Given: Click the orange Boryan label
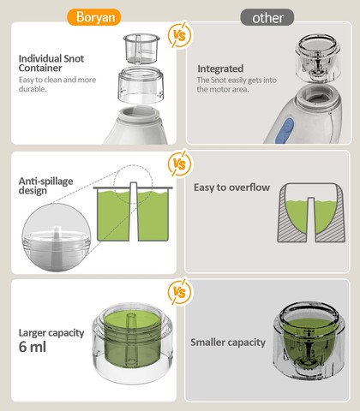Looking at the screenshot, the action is click(94, 17).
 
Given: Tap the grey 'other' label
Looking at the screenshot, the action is click(267, 17).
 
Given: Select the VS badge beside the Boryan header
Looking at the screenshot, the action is click(180, 35).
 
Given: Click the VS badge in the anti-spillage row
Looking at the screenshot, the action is click(180, 164).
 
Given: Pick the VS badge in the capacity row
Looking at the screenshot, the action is click(180, 292).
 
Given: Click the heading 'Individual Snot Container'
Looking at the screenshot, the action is click(51, 63).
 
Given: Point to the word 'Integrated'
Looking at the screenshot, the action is click(220, 68).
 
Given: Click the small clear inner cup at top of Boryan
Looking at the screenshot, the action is click(141, 49).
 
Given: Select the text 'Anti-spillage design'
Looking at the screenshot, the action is click(45, 186).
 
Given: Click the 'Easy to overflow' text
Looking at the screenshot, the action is click(231, 188).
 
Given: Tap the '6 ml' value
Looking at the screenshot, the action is click(33, 347).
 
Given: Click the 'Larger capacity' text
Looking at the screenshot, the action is click(51, 333).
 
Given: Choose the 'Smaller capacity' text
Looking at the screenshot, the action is click(228, 342).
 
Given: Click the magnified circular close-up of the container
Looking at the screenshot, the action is click(57, 237).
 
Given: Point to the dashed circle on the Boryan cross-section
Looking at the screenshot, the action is click(133, 164).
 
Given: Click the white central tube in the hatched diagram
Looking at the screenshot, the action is click(311, 220).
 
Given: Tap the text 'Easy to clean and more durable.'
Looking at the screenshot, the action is click(57, 84).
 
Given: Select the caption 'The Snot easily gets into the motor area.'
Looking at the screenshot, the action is click(237, 85).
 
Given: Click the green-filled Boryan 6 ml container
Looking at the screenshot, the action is click(132, 343).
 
